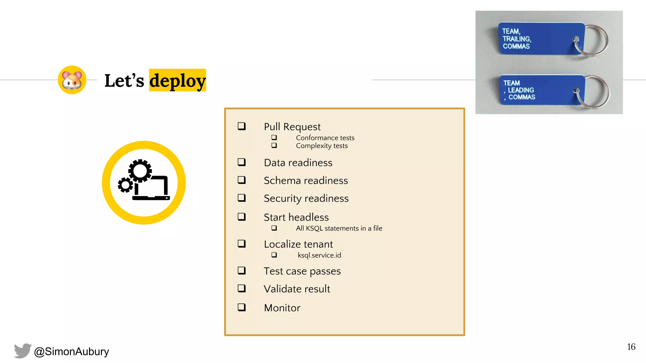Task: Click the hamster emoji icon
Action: pyautogui.click(x=72, y=80)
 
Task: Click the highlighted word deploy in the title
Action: pyautogui.click(x=177, y=81)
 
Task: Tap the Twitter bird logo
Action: pyautogui.click(x=23, y=351)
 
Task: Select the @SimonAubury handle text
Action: pyautogui.click(x=72, y=351)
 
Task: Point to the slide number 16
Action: pyautogui.click(x=631, y=347)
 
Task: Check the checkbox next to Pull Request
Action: pyautogui.click(x=242, y=126)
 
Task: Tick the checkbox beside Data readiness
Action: pyautogui.click(x=242, y=162)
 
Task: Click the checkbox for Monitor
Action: pyautogui.click(x=242, y=307)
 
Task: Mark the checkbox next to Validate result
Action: pyautogui.click(x=242, y=288)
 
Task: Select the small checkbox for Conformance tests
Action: pyautogui.click(x=274, y=138)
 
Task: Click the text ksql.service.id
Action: pyautogui.click(x=319, y=255)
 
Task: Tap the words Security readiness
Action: pyautogui.click(x=306, y=199)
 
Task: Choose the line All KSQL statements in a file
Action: pyautogui.click(x=339, y=228)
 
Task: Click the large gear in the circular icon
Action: pyautogui.click(x=140, y=171)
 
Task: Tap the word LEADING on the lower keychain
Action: pyautogui.click(x=521, y=90)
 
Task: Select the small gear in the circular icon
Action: pyautogui.click(x=126, y=185)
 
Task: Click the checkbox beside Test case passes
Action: pyautogui.click(x=242, y=271)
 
